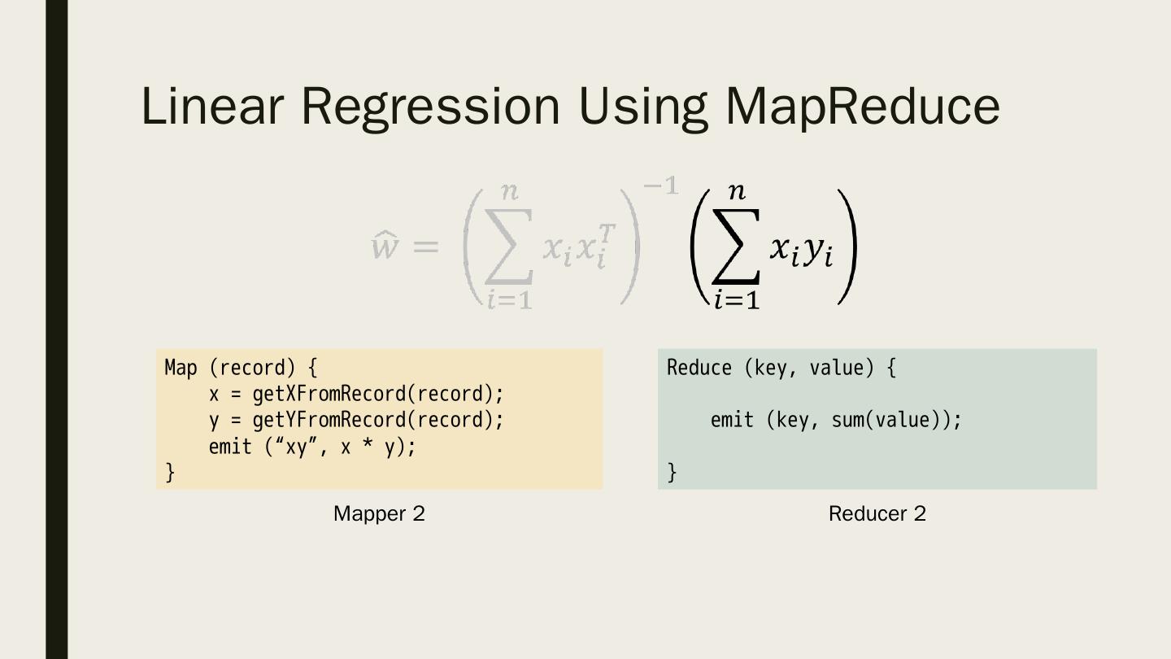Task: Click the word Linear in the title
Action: tap(211, 106)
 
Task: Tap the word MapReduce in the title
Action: tap(862, 106)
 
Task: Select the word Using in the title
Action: tap(642, 106)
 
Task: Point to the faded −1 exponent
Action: tap(660, 186)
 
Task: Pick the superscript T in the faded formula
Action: tap(607, 233)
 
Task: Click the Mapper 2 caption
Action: tap(379, 513)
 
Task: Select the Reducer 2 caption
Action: tap(877, 513)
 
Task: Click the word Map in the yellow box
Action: tap(181, 368)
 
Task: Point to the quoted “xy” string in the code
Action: tap(296, 447)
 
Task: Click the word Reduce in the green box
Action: tap(699, 368)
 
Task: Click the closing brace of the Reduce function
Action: tap(672, 472)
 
